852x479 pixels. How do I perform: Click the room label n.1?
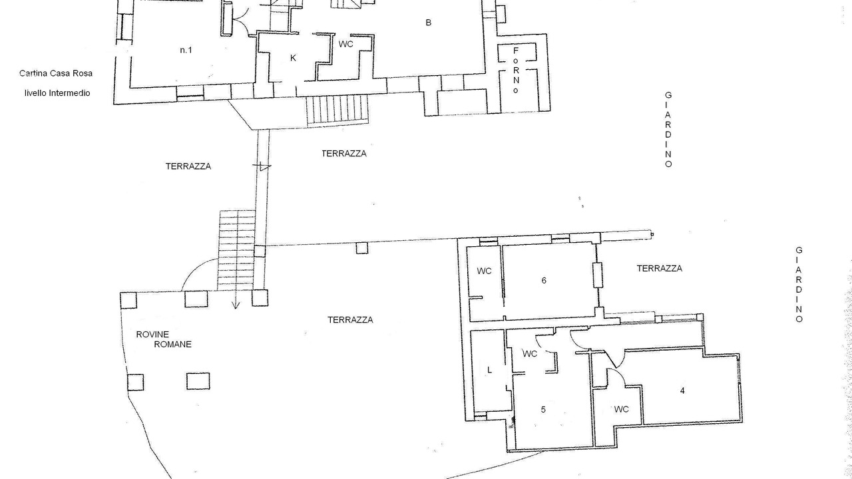pos(186,50)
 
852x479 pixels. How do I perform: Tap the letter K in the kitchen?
pos(293,58)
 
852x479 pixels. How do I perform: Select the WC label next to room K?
pos(345,44)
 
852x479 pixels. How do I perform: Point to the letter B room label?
pos(428,23)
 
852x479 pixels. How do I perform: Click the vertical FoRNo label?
pos(516,71)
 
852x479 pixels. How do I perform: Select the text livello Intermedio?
pos(57,93)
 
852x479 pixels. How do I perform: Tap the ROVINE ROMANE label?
pos(164,339)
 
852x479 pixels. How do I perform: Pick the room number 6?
pos(544,281)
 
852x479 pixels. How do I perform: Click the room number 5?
pos(543,409)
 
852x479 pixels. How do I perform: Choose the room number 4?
pos(682,391)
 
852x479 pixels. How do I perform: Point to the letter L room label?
pos(489,370)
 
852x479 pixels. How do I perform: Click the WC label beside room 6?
pos(484,271)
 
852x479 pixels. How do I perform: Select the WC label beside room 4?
pos(622,409)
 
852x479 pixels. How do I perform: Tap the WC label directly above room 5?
pos(530,354)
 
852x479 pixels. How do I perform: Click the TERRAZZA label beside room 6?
pos(660,268)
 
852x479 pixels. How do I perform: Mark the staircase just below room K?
pos(337,110)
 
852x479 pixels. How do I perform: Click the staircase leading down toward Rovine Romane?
pos(236,249)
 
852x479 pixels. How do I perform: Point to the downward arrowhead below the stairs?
pos(236,305)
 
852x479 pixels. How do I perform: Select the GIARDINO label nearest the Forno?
pos(668,130)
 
